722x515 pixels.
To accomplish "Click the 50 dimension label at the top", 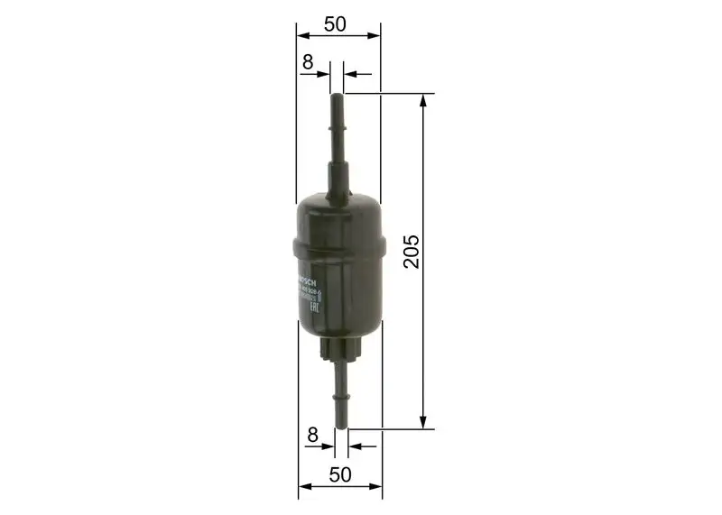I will [x=335, y=24].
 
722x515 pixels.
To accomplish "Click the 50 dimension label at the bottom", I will [x=340, y=475].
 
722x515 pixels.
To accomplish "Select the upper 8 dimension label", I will [x=308, y=62].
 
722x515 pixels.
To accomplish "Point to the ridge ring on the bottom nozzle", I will [x=341, y=392].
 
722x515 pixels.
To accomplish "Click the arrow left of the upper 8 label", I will [x=324, y=74].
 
